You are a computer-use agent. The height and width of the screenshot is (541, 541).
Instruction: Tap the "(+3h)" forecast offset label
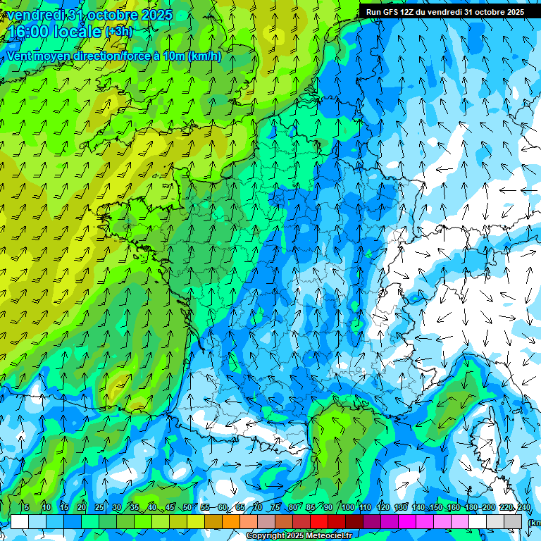click(118, 32)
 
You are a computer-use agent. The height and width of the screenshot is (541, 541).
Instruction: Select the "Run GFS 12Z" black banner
click(444, 12)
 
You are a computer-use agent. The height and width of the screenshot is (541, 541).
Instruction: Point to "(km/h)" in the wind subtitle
click(204, 56)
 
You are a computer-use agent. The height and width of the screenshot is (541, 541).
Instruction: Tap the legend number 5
click(27, 507)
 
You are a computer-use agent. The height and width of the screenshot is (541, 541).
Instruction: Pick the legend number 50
click(187, 507)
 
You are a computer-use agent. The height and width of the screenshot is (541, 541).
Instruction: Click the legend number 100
click(347, 507)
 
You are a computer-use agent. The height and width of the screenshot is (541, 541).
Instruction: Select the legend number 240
click(524, 507)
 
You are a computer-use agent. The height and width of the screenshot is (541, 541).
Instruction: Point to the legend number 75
click(275, 507)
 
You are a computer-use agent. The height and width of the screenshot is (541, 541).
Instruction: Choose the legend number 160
click(453, 507)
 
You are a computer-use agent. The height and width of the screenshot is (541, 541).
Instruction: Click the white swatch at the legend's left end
click(19, 521)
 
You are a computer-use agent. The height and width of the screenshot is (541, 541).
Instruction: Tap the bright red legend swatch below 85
click(318, 521)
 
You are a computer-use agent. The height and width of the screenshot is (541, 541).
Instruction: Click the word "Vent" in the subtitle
click(20, 56)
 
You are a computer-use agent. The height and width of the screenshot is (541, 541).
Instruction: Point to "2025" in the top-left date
click(156, 15)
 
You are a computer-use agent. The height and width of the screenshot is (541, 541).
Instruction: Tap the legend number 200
click(489, 507)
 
